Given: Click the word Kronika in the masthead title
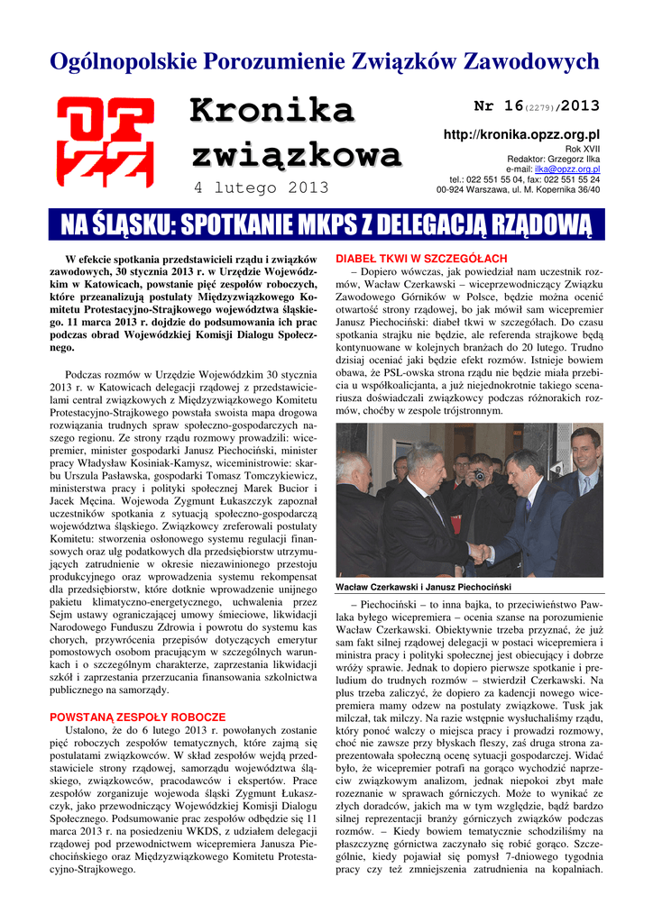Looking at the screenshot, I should (x=271, y=112).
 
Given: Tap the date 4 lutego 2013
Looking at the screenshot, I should (x=262, y=187).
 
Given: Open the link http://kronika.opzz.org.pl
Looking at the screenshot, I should (x=521, y=134).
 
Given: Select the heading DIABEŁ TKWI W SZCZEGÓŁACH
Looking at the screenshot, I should (x=421, y=259).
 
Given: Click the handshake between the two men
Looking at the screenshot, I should (x=479, y=551).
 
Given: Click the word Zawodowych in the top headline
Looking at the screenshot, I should (x=530, y=61).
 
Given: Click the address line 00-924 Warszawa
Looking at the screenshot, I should (x=518, y=190).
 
